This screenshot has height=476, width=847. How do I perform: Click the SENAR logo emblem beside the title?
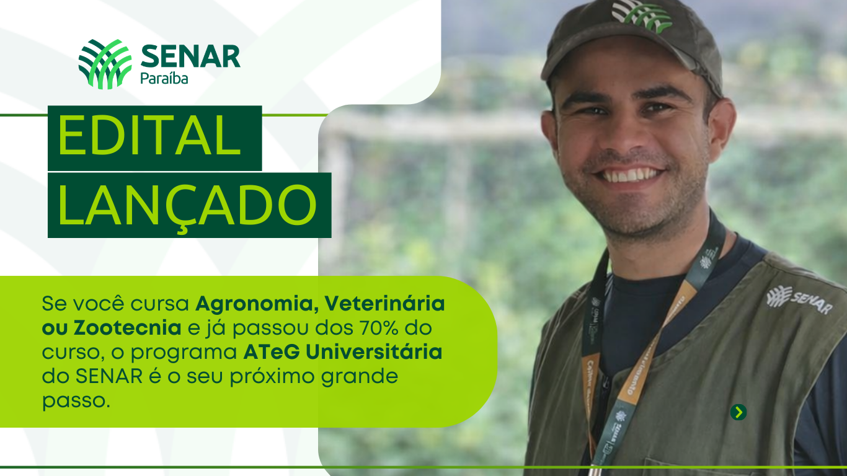click(105, 64)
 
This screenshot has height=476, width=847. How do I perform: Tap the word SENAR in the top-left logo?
click(190, 56)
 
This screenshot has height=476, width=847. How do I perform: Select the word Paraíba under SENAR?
click(164, 78)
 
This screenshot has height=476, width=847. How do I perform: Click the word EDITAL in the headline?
click(149, 135)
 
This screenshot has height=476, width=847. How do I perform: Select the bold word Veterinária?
click(384, 303)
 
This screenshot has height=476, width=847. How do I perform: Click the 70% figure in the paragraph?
click(379, 327)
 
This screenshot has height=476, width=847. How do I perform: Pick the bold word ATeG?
click(272, 351)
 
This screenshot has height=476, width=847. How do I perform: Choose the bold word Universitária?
click(374, 351)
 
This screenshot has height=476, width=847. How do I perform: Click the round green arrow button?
click(738, 412)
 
